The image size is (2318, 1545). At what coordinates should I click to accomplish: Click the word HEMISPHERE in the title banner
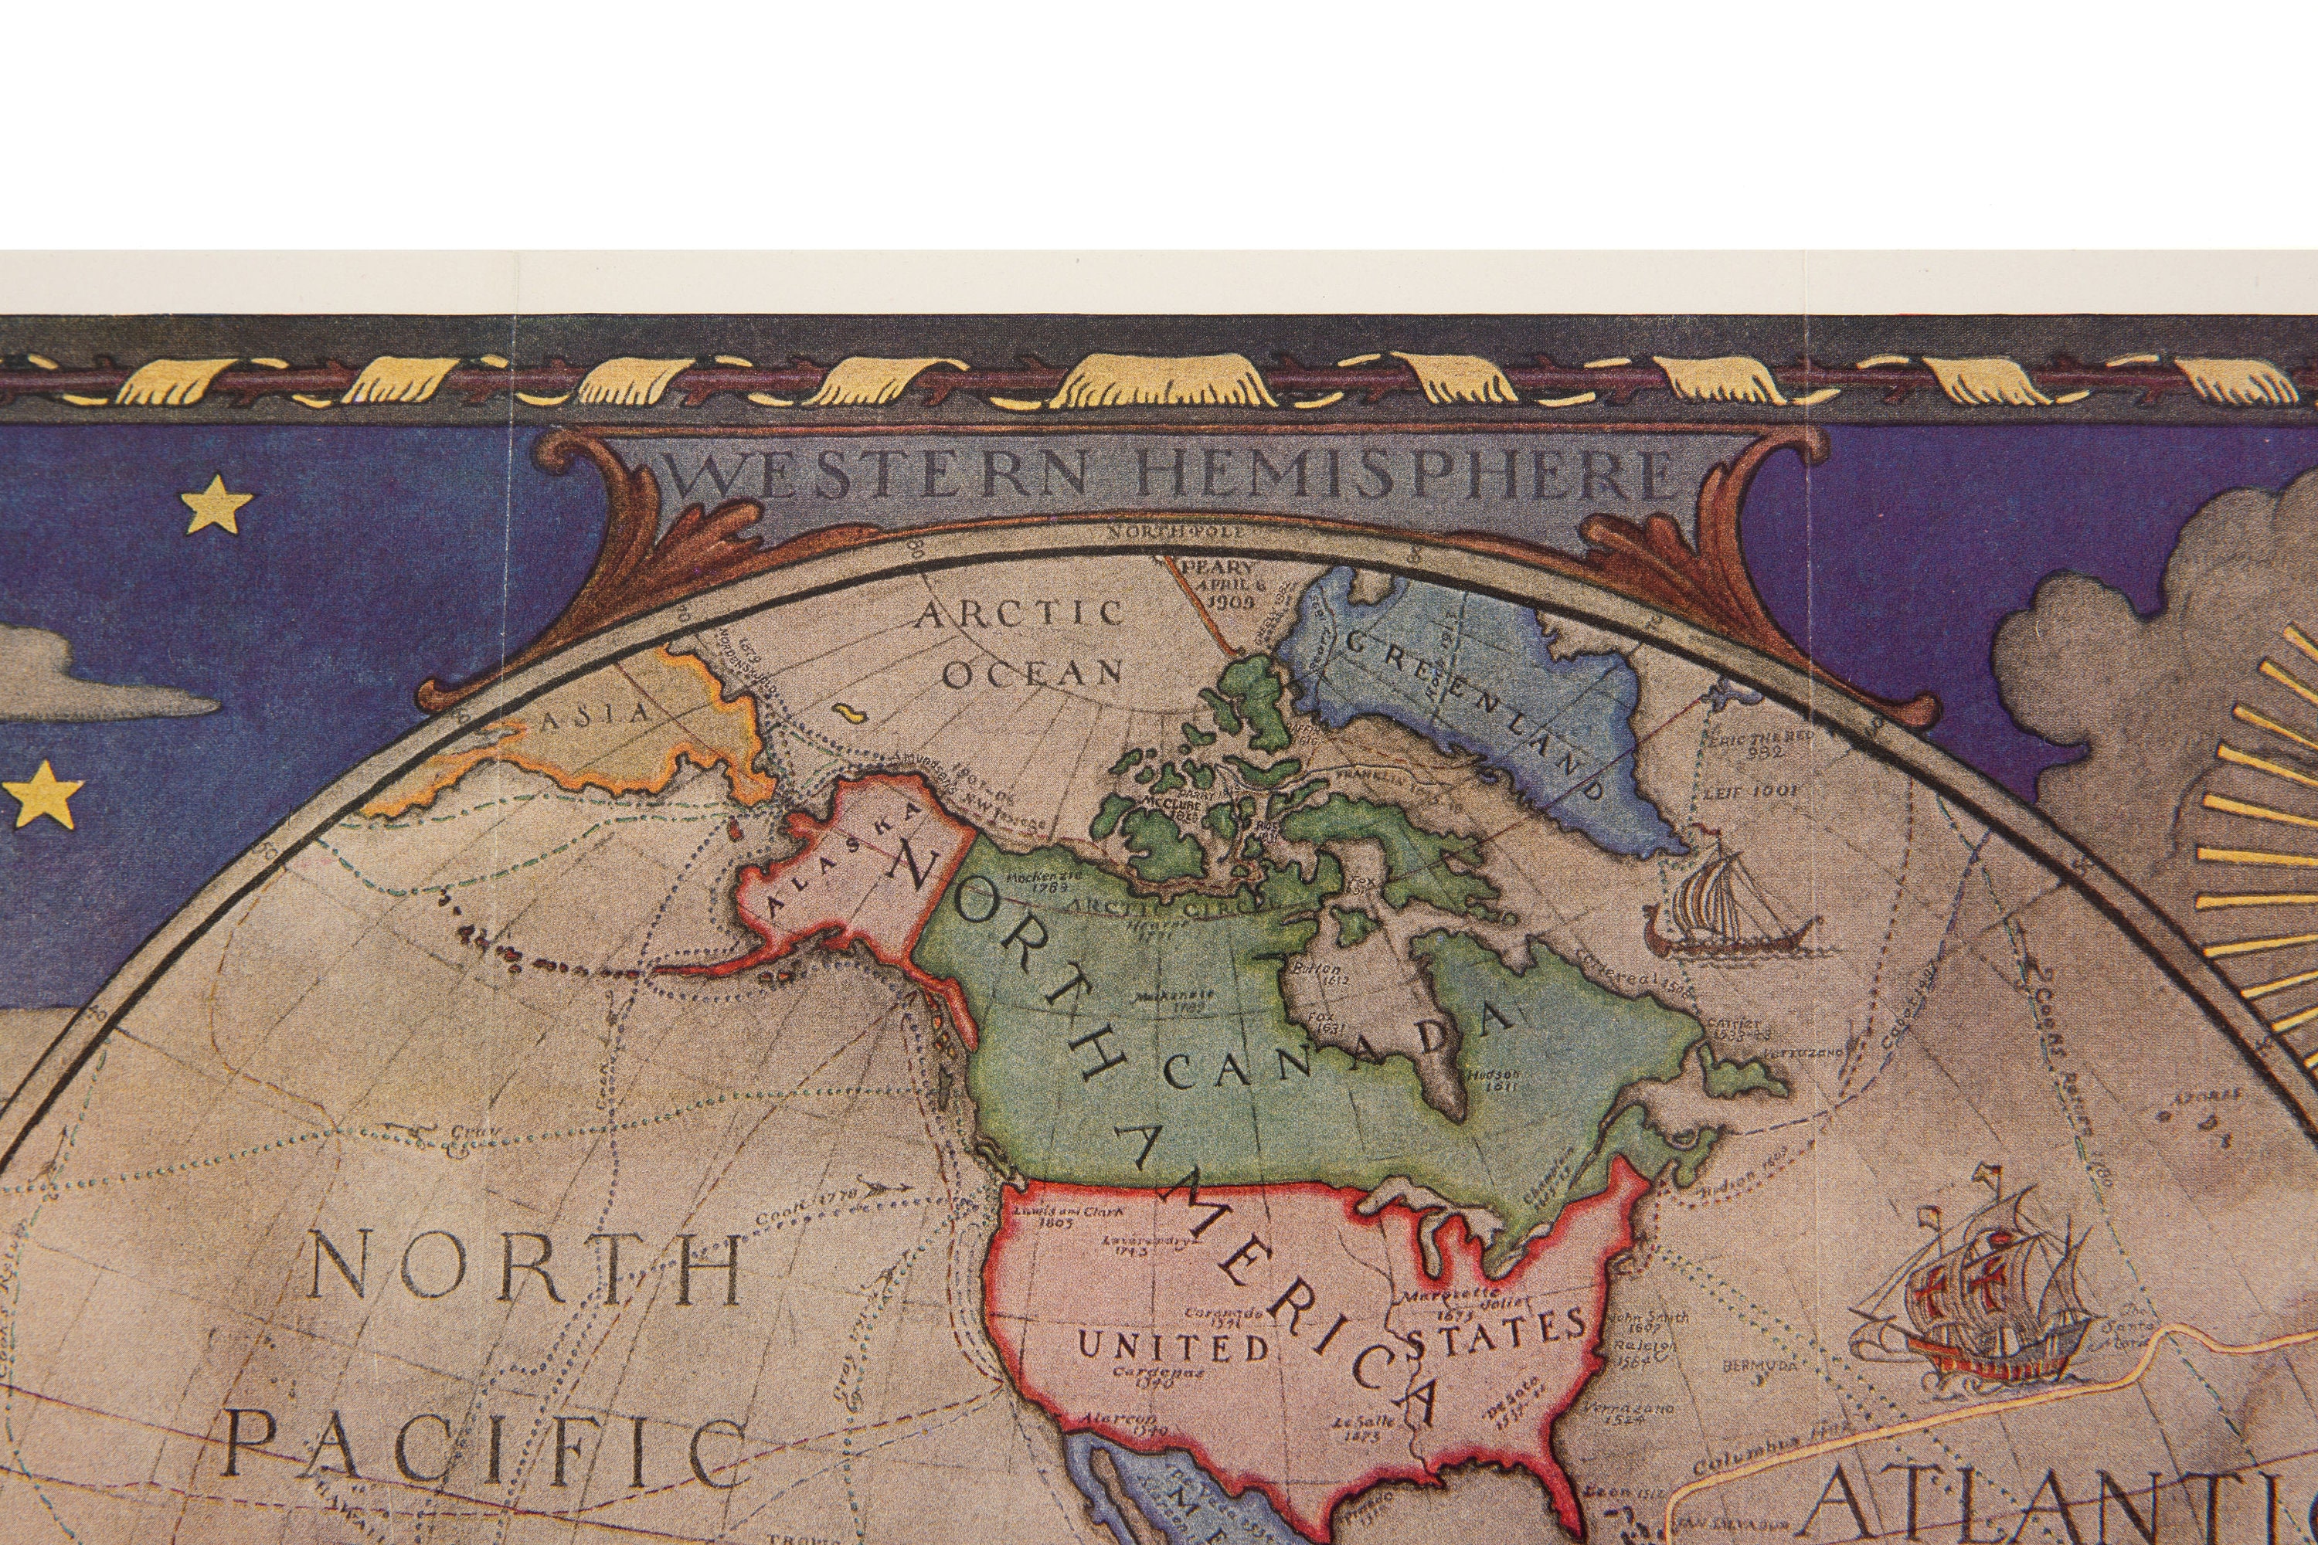pyautogui.click(x=1405, y=476)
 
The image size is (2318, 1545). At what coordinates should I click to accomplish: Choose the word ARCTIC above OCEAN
pyautogui.click(x=1020, y=614)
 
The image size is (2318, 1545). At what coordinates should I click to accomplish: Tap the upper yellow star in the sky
pyautogui.click(x=216, y=507)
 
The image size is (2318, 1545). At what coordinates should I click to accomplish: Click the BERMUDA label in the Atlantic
pyautogui.click(x=1759, y=1366)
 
